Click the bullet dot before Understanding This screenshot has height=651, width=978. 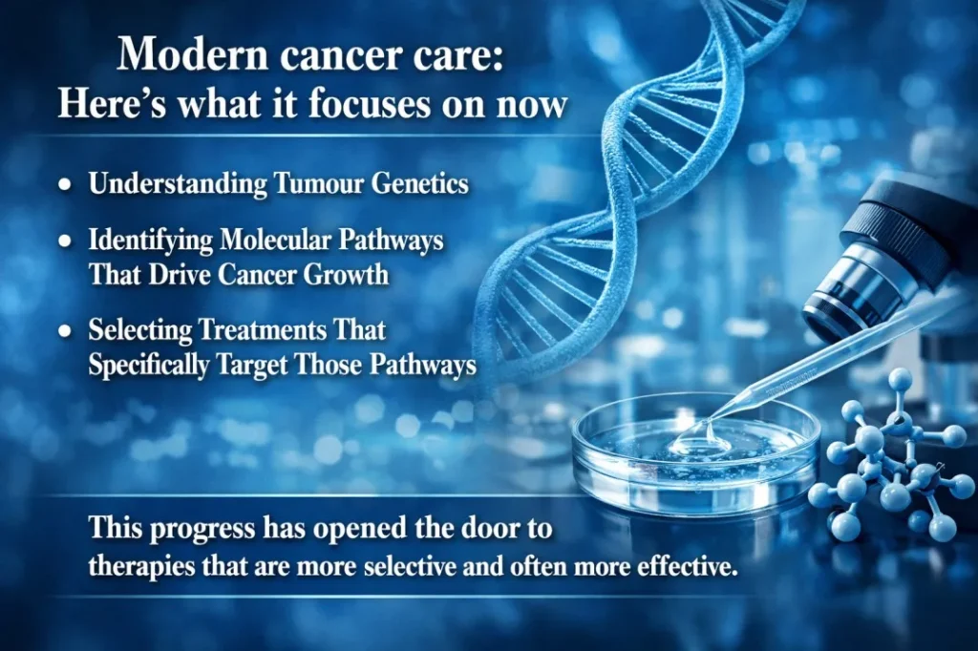tap(65, 186)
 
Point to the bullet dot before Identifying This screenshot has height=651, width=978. tap(65, 241)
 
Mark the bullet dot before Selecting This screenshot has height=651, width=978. tap(65, 331)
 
